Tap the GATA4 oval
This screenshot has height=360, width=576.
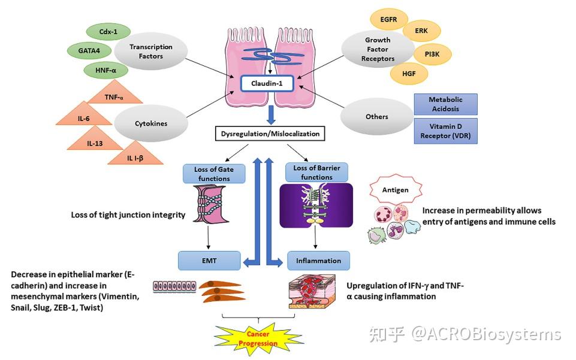[x=88, y=50]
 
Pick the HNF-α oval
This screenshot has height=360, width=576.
[x=105, y=71]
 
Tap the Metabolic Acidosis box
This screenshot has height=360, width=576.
[x=445, y=104]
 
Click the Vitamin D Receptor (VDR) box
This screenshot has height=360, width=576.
[x=445, y=130]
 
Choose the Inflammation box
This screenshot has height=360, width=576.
[x=318, y=261]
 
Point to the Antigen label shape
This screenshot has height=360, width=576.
[x=396, y=190]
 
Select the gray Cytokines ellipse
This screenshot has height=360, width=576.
[x=152, y=123]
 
